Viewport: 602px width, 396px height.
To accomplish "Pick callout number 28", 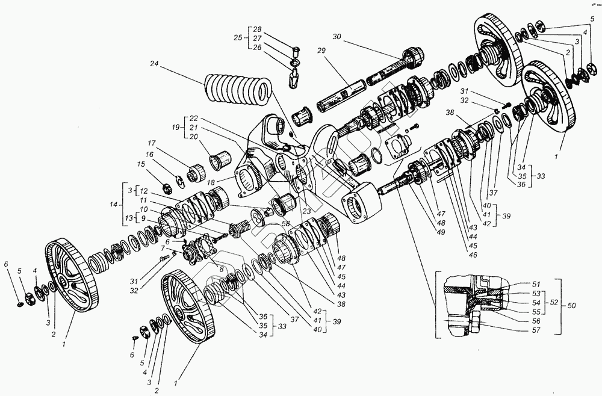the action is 257,29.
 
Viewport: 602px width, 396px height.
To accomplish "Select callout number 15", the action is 141,164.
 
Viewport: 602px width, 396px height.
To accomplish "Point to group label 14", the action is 113,205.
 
